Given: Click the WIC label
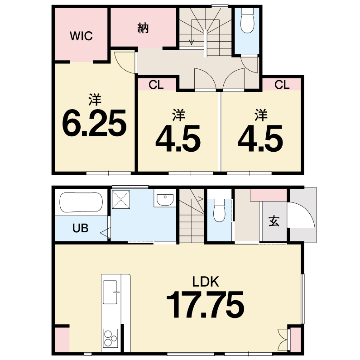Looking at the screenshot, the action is tap(81, 36).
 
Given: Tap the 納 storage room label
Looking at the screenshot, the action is tap(143, 28).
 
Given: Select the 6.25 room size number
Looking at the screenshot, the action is tap(94, 123).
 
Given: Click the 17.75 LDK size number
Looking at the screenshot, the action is tap(205, 304).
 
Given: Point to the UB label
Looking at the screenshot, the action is tap(80, 228).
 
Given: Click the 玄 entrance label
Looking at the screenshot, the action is tap(274, 221).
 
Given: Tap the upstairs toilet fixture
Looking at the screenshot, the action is tap(247, 21).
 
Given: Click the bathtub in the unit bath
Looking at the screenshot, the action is tap(81, 202).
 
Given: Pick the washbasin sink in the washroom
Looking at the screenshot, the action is tap(165, 200).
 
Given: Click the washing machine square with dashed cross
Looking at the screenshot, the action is tap(121, 200).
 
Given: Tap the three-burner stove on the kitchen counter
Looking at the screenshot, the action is tap(110, 338).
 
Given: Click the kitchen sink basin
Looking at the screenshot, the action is tap(110, 292).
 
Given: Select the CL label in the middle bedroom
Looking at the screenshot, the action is tap(156, 85).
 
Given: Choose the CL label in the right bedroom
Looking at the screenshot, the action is tap(282, 85).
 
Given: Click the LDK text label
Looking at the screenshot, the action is tap(206, 282).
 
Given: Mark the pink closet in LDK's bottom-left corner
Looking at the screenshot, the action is tap(62, 339).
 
